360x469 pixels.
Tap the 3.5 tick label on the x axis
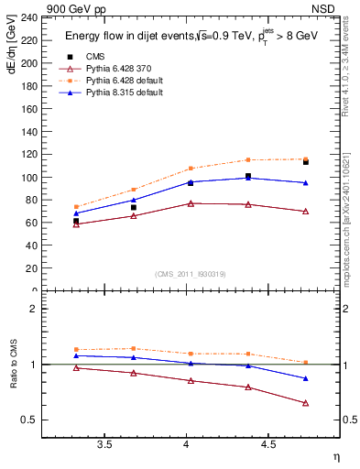tap(105, 444)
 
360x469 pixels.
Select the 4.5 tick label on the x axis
tap(267, 444)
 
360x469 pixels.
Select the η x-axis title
tap(334, 456)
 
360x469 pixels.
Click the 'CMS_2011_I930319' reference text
tap(191, 274)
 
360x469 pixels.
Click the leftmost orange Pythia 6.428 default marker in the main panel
tap(76, 207)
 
